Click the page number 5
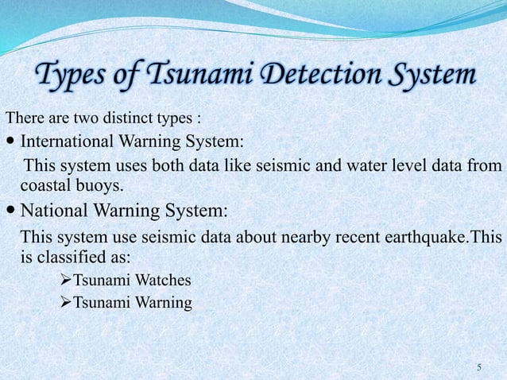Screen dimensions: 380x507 (x=479, y=367)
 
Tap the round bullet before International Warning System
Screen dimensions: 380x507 (x=10, y=143)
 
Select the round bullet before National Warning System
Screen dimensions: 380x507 (x=10, y=212)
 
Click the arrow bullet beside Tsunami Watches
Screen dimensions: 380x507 (x=66, y=281)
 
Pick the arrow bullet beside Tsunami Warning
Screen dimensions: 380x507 (x=66, y=303)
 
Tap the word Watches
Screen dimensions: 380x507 (x=162, y=281)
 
